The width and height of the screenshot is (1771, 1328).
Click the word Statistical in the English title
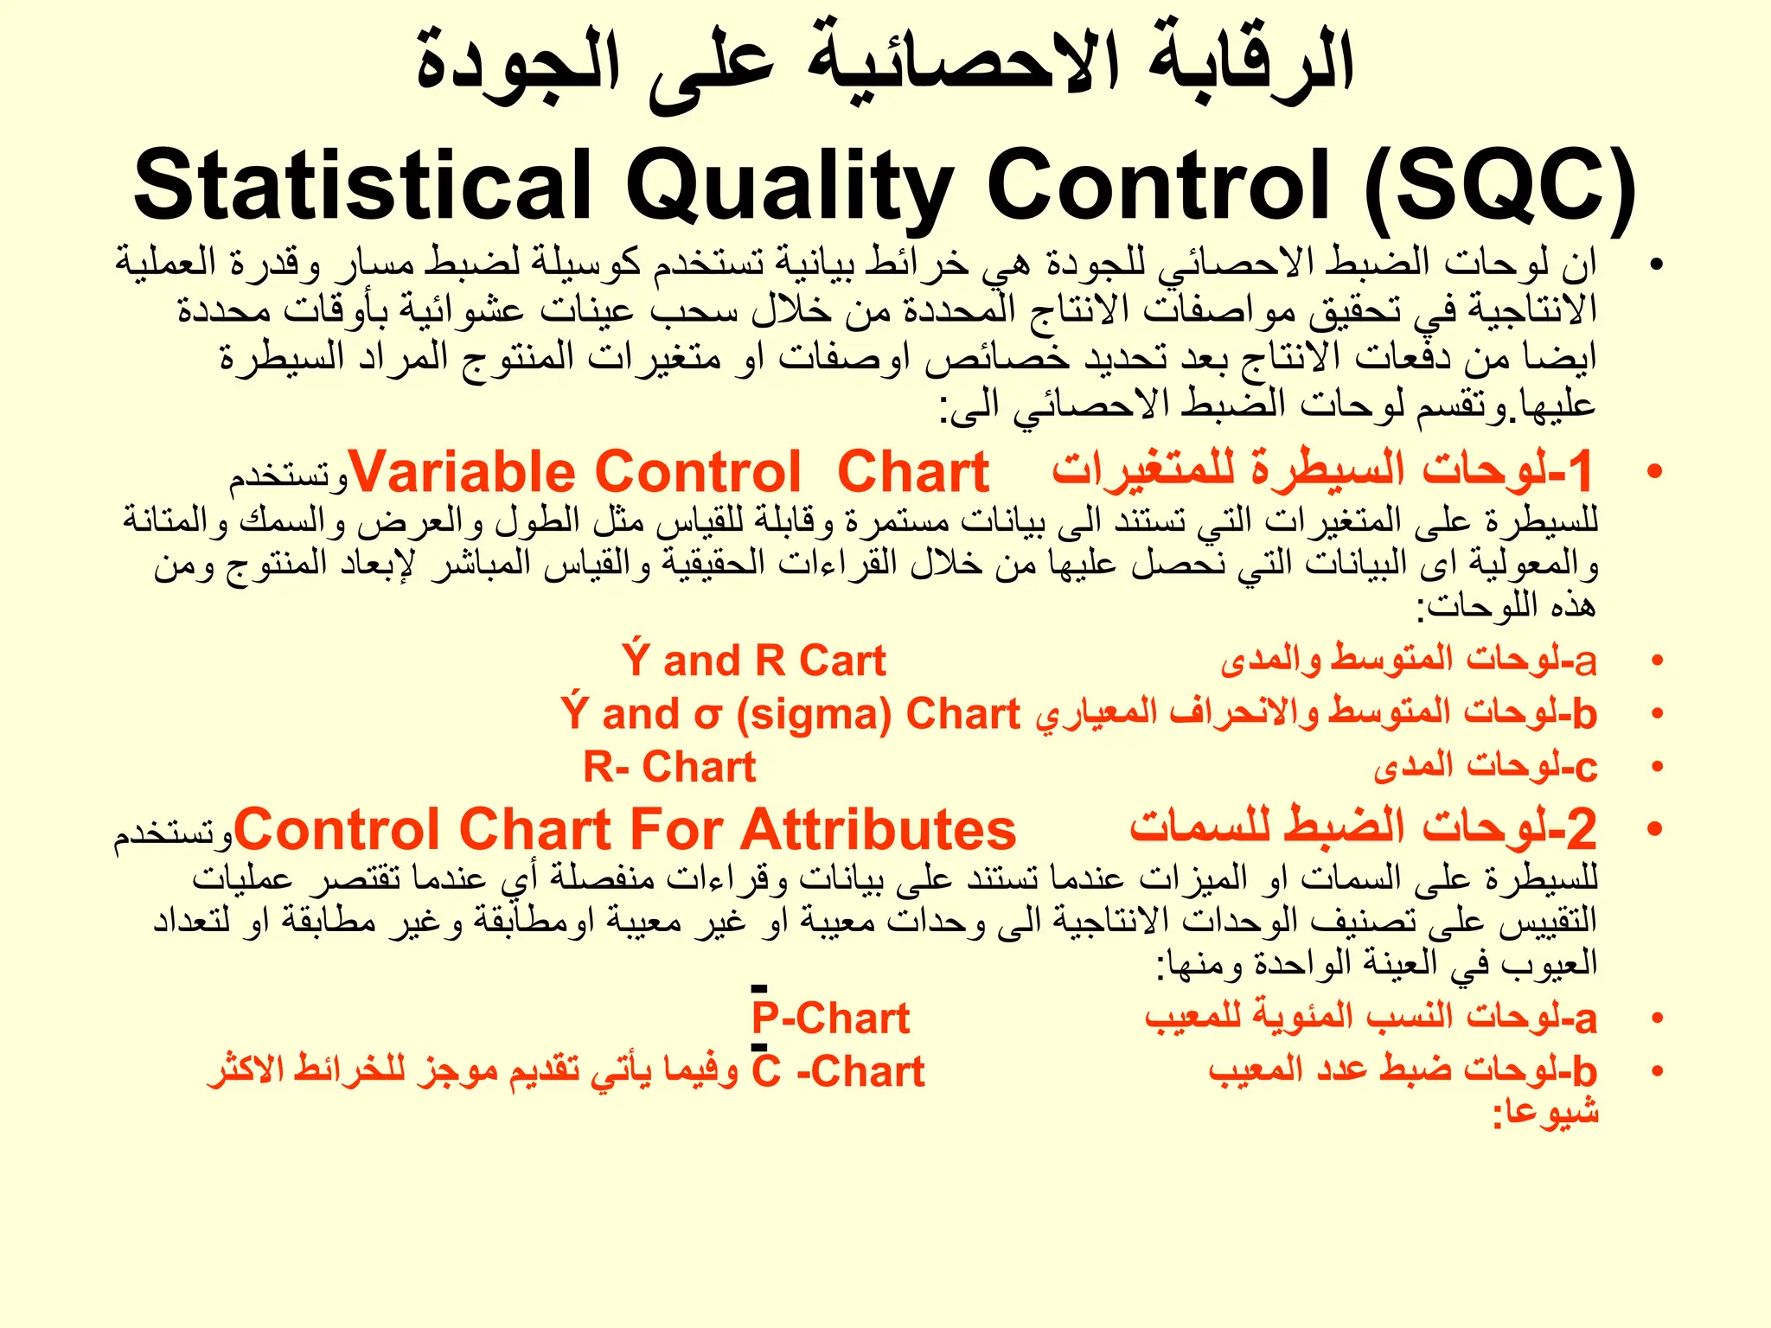click(362, 186)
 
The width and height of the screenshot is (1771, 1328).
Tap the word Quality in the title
click(789, 186)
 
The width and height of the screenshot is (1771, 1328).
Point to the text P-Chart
click(830, 1018)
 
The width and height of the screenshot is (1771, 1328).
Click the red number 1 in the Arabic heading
click(1580, 471)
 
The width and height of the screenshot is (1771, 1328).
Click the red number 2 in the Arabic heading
click(1582, 828)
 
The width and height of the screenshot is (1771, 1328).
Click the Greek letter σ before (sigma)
click(706, 716)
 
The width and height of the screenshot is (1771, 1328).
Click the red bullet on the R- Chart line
click(1657, 767)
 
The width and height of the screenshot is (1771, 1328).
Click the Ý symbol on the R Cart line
click(636, 661)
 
